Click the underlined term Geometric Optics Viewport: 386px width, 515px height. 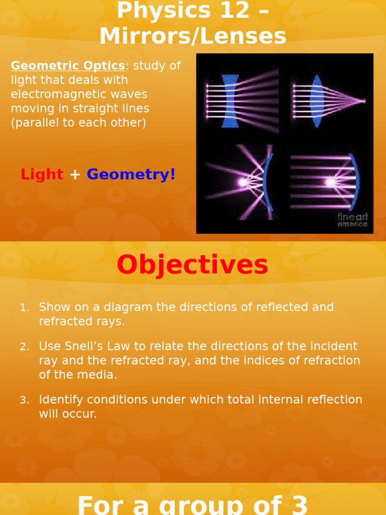pos(68,66)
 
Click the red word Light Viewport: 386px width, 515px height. pos(42,175)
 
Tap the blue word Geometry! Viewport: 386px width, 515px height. pos(131,175)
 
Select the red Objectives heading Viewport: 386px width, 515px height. pos(192,265)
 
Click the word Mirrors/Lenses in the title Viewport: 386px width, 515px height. pos(193,36)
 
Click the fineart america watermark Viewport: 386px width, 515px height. pos(352,220)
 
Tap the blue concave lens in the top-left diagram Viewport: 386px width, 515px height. pos(230,101)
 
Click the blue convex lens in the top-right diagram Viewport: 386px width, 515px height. pos(317,101)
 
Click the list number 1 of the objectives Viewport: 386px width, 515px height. pos(24,308)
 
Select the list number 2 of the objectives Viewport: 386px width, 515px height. pos(24,347)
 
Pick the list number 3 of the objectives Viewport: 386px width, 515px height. pos(24,400)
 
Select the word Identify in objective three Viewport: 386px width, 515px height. pos(58,399)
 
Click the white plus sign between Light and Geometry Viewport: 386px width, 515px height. pos(75,175)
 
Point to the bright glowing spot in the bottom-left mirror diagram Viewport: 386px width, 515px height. pos(243,182)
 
